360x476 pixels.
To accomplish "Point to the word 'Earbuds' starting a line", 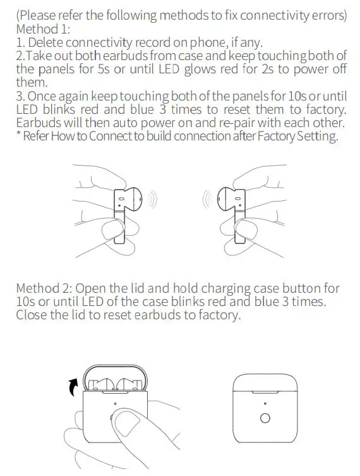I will click(x=38, y=123).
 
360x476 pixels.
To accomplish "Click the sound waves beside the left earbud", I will click(x=153, y=201).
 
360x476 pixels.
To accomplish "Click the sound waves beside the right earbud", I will click(x=205, y=201).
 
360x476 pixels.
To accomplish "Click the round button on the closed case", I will click(x=265, y=418).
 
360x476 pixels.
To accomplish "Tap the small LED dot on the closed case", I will click(x=265, y=403).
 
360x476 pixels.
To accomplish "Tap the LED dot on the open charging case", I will click(x=114, y=402).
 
